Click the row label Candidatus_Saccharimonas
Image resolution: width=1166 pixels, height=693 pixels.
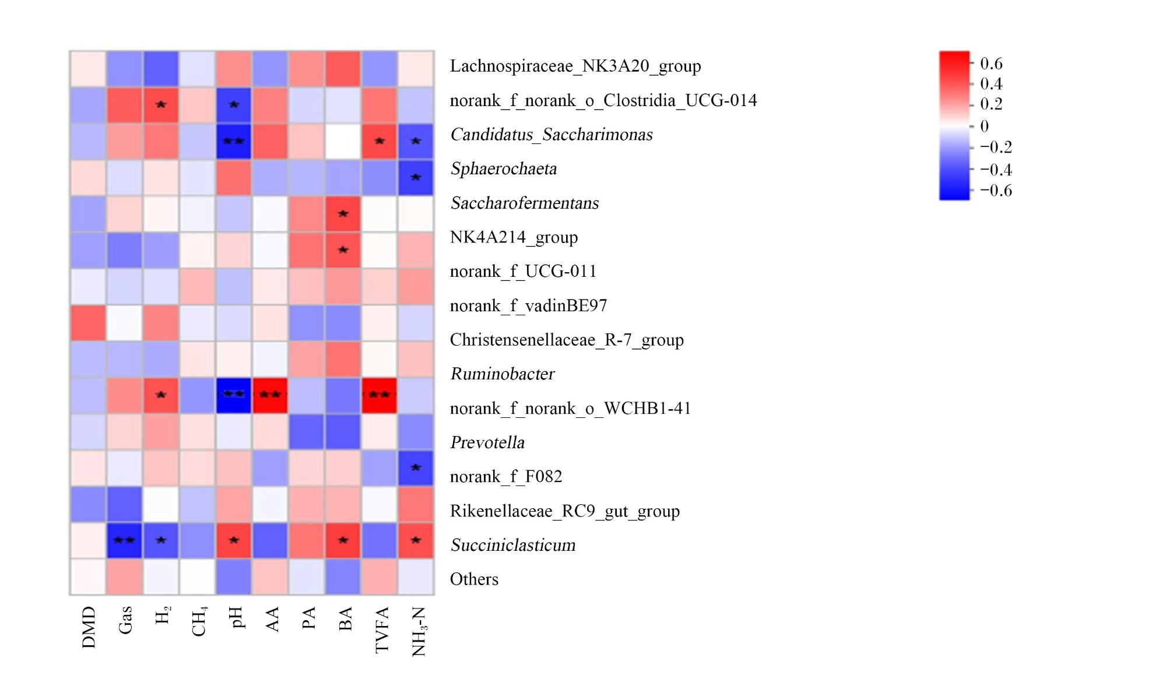tap(552, 135)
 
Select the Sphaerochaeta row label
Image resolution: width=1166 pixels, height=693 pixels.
tap(504, 169)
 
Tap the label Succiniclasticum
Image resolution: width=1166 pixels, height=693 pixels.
tap(513, 545)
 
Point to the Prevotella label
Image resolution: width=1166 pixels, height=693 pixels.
tap(487, 442)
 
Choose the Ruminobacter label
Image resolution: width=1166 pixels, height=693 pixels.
tap(503, 374)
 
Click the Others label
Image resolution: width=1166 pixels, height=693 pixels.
tap(474, 579)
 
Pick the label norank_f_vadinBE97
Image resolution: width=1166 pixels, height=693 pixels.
tap(528, 305)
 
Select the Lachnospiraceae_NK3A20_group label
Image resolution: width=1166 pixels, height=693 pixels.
tap(575, 66)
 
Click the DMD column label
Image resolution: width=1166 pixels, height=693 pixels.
tap(89, 627)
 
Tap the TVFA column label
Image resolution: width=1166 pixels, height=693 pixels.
tap(381, 629)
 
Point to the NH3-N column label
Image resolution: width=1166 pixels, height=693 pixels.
tap(419, 631)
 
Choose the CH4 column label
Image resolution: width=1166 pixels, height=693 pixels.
tap(199, 622)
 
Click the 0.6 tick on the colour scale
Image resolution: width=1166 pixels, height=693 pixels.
tap(991, 63)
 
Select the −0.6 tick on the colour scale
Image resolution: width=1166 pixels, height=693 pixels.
tap(996, 191)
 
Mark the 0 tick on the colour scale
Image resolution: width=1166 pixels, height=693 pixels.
tap(984, 126)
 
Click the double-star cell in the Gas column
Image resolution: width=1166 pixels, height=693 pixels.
tap(124, 540)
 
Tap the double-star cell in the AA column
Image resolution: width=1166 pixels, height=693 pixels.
tap(270, 396)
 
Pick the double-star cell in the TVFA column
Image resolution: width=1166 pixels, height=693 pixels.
tap(380, 396)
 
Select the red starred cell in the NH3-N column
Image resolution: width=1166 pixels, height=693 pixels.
tap(416, 540)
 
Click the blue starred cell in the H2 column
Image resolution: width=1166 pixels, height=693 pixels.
tap(161, 540)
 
